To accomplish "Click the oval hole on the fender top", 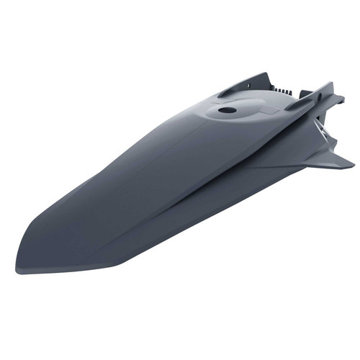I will pos(228,111).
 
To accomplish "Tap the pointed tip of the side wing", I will pos(352,165).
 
